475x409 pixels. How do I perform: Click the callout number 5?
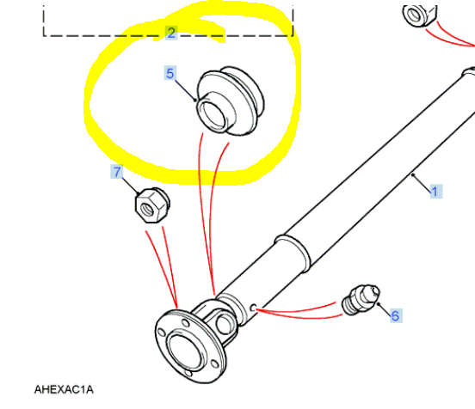click(170, 73)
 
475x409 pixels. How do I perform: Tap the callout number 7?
click(117, 172)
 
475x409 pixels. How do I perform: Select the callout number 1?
click(435, 192)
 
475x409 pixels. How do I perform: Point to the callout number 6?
click(396, 315)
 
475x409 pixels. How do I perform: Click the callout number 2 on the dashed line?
click(171, 33)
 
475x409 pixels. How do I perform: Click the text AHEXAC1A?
click(64, 389)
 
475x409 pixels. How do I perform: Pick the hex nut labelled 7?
click(152, 205)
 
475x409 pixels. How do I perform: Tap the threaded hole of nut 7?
click(147, 210)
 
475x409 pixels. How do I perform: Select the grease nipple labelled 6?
click(361, 300)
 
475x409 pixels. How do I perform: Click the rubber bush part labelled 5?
click(231, 101)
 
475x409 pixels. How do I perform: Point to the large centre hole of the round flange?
click(185, 351)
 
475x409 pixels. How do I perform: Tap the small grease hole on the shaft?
click(254, 308)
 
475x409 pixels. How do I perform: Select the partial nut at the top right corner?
click(420, 15)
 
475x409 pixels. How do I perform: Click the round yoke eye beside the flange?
click(225, 324)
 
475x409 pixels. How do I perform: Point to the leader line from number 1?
click(422, 183)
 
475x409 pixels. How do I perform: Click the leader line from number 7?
click(131, 186)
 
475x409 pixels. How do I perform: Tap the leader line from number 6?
click(385, 310)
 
